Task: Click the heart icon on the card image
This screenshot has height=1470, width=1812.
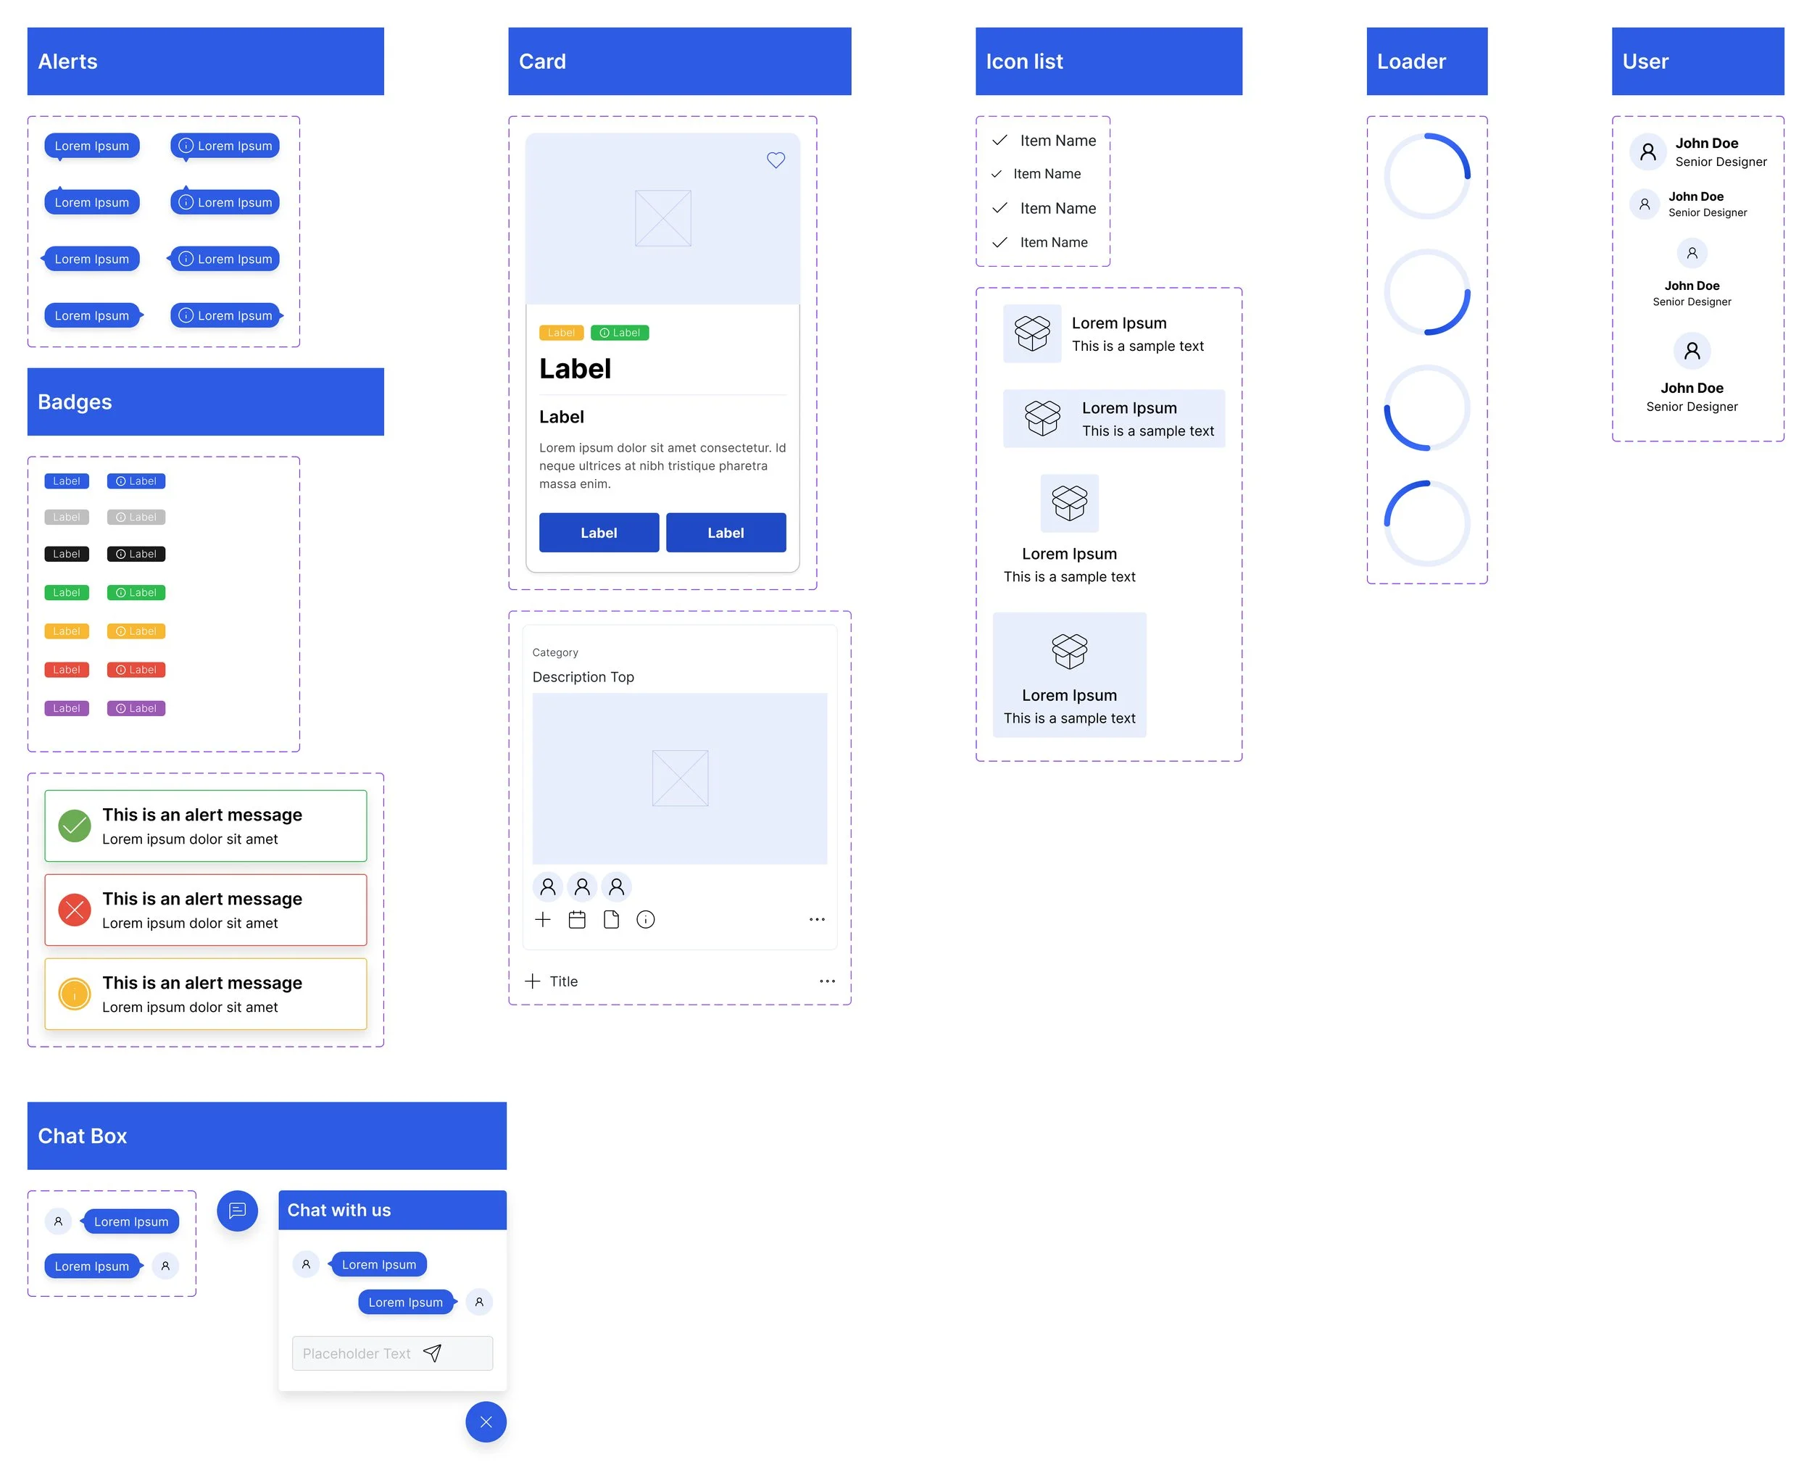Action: pyautogui.click(x=775, y=160)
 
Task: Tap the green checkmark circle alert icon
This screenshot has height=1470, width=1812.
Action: pyautogui.click(x=75, y=826)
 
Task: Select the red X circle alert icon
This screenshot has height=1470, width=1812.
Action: pyautogui.click(x=75, y=910)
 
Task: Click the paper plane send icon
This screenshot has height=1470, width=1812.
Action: pyautogui.click(x=432, y=1353)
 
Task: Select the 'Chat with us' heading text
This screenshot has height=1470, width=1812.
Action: pyautogui.click(x=338, y=1210)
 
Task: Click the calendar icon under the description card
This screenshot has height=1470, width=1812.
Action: pyautogui.click(x=577, y=920)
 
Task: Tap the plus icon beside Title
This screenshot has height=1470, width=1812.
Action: pyautogui.click(x=532, y=981)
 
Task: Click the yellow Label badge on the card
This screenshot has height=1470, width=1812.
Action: pyautogui.click(x=560, y=333)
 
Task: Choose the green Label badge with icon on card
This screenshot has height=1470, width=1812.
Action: pyautogui.click(x=619, y=333)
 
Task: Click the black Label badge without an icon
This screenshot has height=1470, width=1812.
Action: pyautogui.click(x=66, y=554)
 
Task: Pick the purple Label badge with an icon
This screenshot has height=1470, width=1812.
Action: pyautogui.click(x=136, y=708)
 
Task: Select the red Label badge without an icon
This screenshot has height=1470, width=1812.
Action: pyautogui.click(x=66, y=670)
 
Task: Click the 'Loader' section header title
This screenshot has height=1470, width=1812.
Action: pyautogui.click(x=1410, y=62)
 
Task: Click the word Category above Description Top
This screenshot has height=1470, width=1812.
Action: pyautogui.click(x=554, y=652)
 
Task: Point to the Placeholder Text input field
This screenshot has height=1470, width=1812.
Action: pyautogui.click(x=357, y=1353)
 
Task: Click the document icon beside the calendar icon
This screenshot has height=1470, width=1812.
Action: pyautogui.click(x=610, y=920)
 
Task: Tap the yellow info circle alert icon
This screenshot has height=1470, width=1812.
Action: pyautogui.click(x=75, y=993)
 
